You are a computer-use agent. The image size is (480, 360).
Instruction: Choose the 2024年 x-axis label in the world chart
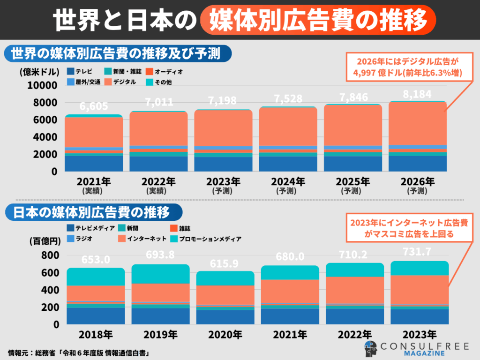[x=288, y=181]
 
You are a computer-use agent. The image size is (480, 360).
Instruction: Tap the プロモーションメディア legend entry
[x=206, y=239]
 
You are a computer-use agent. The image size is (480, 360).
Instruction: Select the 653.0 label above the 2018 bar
[x=96, y=260]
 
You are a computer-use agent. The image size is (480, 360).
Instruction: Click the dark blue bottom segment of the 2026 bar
[x=417, y=163]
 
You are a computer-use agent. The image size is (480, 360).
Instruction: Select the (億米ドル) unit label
[x=39, y=72]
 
